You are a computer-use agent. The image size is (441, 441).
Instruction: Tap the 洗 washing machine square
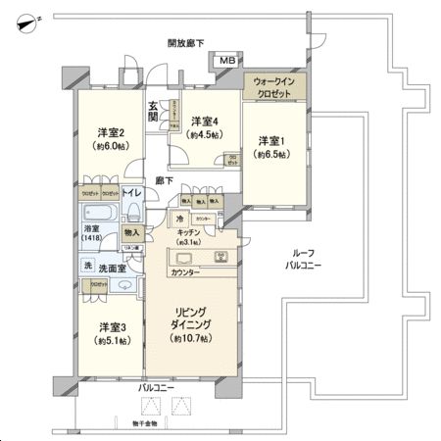pyautogui.click(x=87, y=266)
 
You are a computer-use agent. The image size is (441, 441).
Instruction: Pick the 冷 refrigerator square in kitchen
pyautogui.click(x=179, y=219)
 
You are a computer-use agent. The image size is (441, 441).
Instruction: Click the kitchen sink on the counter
pyautogui.click(x=189, y=258)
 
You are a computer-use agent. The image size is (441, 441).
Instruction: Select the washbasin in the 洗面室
pyautogui.click(x=124, y=284)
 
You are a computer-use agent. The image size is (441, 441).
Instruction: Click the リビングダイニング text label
pyautogui.click(x=192, y=319)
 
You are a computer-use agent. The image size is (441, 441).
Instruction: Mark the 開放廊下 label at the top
pyautogui.click(x=186, y=42)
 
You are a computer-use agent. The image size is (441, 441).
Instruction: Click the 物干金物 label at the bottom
pyautogui.click(x=150, y=423)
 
